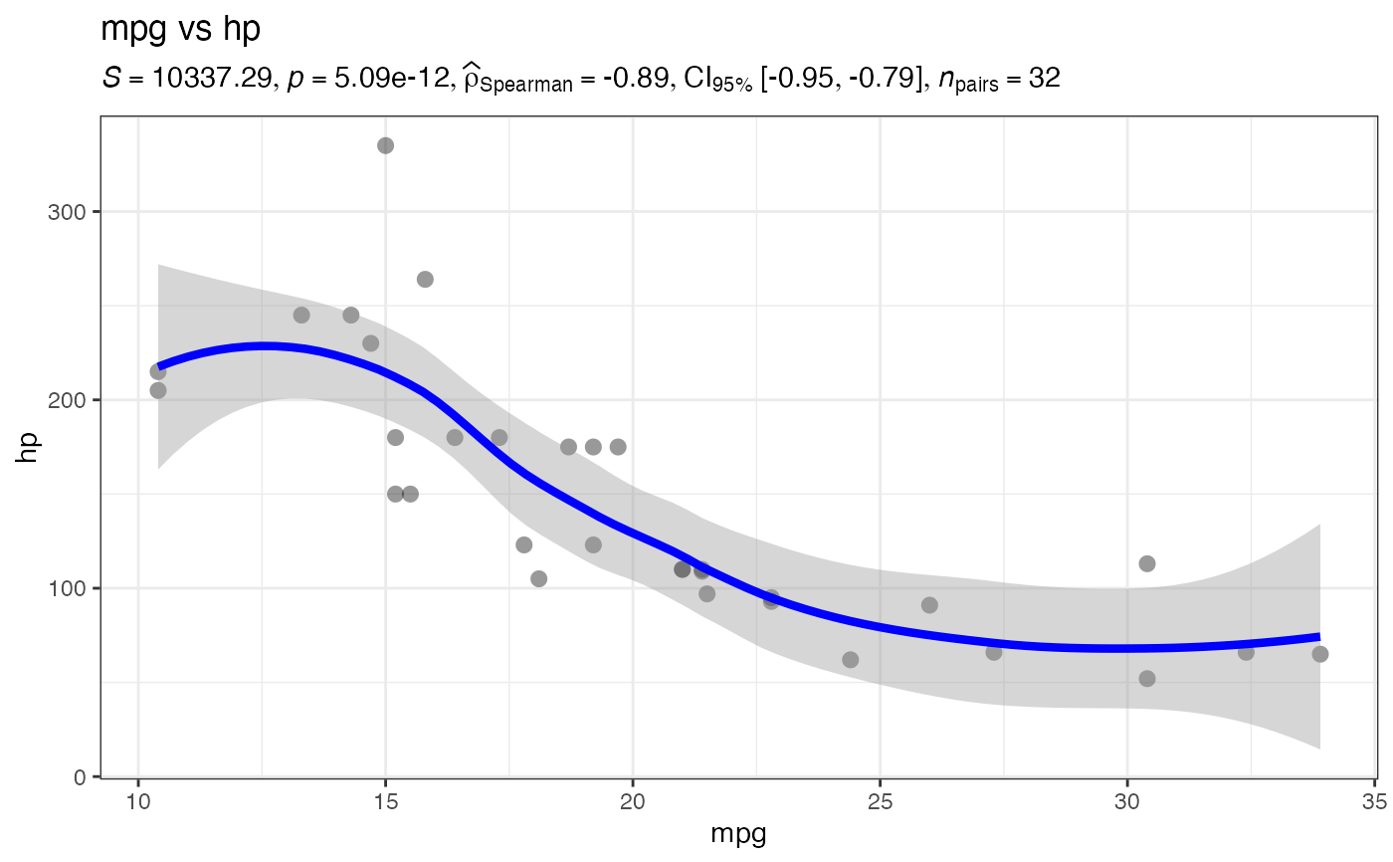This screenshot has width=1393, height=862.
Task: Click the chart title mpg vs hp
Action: (x=180, y=30)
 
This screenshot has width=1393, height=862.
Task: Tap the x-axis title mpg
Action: (x=738, y=834)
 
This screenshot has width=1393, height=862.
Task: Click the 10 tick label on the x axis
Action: (x=138, y=799)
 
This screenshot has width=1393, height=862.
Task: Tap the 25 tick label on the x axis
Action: (x=880, y=799)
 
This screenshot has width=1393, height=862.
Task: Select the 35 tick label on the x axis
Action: (x=1374, y=799)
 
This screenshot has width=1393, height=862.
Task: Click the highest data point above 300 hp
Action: (x=385, y=145)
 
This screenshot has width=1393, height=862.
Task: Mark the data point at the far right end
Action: (x=1319, y=654)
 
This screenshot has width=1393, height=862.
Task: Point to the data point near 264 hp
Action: (x=425, y=280)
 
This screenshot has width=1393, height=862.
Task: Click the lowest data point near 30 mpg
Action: (x=1146, y=679)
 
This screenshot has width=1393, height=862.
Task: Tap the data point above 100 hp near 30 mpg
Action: (x=1146, y=563)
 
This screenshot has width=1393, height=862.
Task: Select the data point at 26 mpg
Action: (x=929, y=605)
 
